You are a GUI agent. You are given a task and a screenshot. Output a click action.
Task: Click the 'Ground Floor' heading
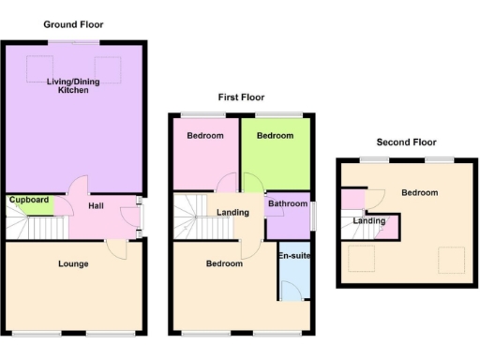pos(73,24)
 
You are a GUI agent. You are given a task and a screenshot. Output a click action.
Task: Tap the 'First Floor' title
pos(241,97)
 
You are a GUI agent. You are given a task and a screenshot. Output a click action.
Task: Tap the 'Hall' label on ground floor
pos(96,206)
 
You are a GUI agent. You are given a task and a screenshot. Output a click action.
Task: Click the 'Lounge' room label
pos(72,263)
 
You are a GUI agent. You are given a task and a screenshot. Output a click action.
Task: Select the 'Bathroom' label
pos(287,203)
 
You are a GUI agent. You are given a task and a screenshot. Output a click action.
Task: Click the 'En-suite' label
pos(293,255)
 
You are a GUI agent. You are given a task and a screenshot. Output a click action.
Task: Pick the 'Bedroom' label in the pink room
pos(204,136)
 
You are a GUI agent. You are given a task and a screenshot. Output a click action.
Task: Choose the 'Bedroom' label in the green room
pos(275,136)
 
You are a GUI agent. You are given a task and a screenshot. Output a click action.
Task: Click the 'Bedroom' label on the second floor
pos(419,192)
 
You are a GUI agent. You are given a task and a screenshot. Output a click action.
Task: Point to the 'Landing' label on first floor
pos(232,213)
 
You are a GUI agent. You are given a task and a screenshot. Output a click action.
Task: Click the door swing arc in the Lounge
pos(116,249)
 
